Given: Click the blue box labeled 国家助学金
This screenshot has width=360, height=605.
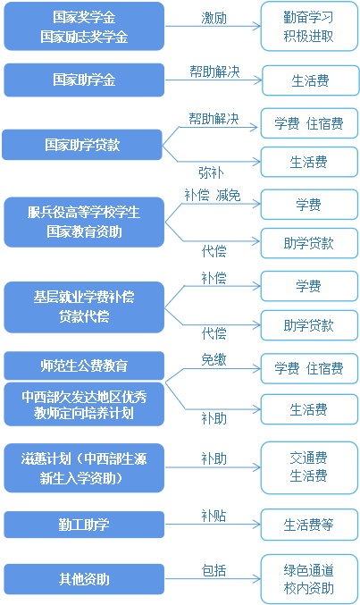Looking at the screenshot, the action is point(84,80).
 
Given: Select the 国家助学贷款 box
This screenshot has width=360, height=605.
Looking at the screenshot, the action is point(82,145).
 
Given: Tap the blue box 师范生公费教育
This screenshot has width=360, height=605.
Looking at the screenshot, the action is point(84,366).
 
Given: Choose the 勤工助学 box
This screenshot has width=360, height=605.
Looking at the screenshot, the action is point(84,525).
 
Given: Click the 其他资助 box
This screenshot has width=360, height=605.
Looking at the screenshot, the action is point(84,579).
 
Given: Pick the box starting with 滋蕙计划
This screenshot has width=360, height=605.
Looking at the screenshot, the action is point(84,468).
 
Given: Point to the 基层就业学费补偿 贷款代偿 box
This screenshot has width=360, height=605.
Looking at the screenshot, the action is point(84,307).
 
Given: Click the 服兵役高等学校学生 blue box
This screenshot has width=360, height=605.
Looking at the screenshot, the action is point(84,222).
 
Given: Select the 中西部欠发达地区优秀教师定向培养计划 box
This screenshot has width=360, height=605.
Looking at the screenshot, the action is point(84,404).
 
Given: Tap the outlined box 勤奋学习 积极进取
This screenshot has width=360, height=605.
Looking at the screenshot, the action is point(309,26).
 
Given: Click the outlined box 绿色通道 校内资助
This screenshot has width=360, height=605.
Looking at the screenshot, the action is point(309,579).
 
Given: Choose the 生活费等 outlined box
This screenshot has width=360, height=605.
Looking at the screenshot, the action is point(309,525).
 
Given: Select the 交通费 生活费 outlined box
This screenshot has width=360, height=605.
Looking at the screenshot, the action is point(309,467).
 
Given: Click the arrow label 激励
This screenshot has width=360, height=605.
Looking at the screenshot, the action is point(213,18).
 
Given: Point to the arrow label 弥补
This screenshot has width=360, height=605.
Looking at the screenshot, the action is point(211,172).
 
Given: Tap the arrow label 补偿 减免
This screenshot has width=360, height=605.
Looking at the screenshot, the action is point(213,195).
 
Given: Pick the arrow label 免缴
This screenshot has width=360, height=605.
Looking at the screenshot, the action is point(213,359).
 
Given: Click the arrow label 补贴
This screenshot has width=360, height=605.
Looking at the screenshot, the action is point(213,516).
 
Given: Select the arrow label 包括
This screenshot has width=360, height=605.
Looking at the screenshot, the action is point(213,570).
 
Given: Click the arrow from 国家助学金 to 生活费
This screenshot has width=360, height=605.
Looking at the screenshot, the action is point(213,80).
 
